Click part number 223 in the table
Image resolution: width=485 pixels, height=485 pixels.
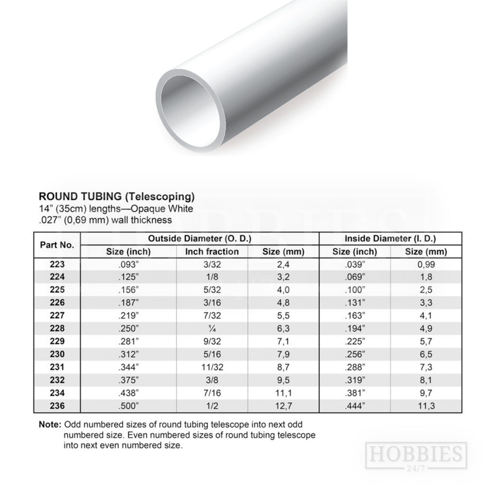coord(57,264)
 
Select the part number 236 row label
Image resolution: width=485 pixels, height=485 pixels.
coord(57,405)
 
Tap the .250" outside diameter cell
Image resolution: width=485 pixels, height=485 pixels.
coord(128,329)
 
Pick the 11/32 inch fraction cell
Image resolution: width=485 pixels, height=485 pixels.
coord(212,367)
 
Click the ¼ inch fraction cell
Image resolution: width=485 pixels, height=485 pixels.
coord(212,329)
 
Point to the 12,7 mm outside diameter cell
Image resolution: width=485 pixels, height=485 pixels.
coord(283,405)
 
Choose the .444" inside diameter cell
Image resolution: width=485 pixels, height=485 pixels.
coord(355,405)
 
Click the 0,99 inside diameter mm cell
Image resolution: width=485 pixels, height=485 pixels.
coord(426,264)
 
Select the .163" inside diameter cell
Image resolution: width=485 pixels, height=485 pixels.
coord(355,315)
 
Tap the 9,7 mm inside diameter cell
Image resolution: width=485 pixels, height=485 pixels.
coord(426,393)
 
